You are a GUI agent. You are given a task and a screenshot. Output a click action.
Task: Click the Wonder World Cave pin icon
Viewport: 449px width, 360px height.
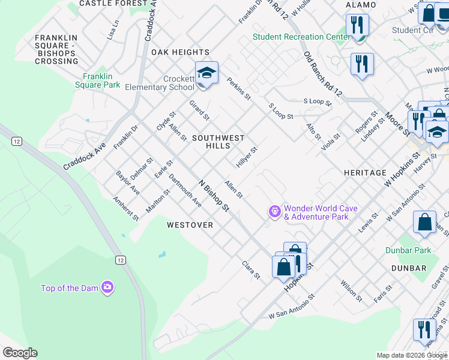click(274, 212)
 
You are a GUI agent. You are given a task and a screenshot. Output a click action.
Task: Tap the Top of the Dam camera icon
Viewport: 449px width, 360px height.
click(107, 288)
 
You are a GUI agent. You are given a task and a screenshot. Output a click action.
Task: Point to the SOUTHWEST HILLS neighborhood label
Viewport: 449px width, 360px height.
click(218, 142)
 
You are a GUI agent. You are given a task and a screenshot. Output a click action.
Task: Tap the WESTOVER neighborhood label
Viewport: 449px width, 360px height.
click(190, 225)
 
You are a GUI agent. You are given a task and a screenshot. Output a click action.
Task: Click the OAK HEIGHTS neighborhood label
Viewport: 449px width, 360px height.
click(180, 52)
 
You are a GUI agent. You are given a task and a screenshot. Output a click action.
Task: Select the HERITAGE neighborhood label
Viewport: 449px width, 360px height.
click(365, 173)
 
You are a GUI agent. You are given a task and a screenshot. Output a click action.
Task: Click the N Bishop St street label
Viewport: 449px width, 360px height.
click(214, 196)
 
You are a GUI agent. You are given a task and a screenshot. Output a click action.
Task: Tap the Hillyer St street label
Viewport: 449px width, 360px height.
click(247, 157)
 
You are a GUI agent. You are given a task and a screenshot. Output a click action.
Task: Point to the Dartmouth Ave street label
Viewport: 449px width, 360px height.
click(185, 191)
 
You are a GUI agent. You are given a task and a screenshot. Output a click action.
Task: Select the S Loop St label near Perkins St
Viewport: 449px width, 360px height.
click(280, 110)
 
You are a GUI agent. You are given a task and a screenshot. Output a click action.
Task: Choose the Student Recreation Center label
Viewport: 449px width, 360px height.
click(301, 37)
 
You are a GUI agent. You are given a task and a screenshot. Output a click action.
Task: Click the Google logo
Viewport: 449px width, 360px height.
click(20, 353)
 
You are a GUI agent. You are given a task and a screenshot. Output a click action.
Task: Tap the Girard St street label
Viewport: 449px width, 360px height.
click(199, 110)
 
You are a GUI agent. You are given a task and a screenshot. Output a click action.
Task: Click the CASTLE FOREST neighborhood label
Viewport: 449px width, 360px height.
click(113, 4)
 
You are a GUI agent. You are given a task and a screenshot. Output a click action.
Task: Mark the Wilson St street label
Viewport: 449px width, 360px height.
click(351, 290)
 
